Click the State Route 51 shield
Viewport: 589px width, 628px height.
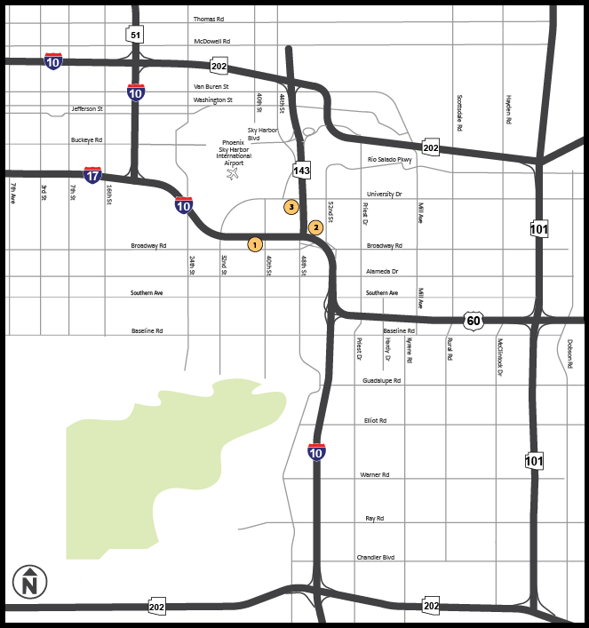[x=135, y=35]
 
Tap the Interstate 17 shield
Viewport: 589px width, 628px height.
[x=92, y=174]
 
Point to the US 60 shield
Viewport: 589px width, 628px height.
[x=473, y=320]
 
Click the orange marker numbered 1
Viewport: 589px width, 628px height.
[x=255, y=243]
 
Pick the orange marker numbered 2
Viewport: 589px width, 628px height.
[x=314, y=227]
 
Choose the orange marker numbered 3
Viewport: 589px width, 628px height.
[x=291, y=207]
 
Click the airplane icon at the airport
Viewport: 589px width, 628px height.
[x=234, y=173]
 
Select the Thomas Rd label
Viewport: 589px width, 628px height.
[x=209, y=19]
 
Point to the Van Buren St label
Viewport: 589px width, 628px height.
[x=211, y=86]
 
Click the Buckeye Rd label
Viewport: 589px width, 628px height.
[x=86, y=139]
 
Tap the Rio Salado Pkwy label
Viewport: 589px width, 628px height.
[x=390, y=160]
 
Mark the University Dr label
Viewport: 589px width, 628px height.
[x=385, y=194]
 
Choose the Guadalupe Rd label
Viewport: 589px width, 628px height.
[x=382, y=380]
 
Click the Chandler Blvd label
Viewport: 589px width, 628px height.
[x=376, y=557]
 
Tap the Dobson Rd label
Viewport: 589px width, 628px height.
[x=569, y=354]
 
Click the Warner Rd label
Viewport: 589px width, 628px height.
[x=375, y=475]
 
